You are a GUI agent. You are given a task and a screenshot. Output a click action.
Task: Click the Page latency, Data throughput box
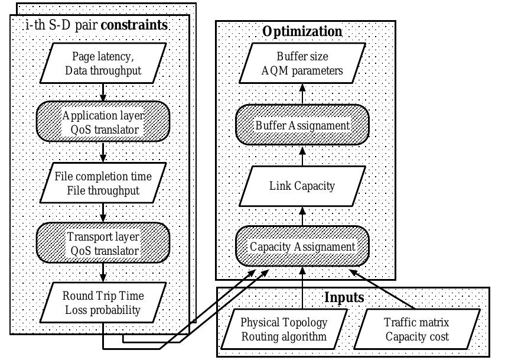point(103,65)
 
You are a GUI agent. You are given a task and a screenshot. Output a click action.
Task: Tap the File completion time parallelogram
point(103,183)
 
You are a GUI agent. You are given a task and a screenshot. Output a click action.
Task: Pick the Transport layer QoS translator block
point(103,242)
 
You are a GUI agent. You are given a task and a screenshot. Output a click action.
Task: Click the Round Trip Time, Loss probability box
point(103,301)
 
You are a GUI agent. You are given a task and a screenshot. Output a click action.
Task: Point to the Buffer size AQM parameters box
point(301,64)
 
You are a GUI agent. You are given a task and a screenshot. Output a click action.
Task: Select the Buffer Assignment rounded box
point(302,125)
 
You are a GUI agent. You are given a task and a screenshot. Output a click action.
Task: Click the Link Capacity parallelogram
point(302,186)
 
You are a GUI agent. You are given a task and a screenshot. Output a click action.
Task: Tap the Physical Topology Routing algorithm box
point(284,329)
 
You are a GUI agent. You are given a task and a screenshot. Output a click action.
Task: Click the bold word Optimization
point(302,31)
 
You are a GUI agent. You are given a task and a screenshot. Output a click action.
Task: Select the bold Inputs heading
point(344,297)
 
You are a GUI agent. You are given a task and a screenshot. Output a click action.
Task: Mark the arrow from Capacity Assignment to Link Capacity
point(302,217)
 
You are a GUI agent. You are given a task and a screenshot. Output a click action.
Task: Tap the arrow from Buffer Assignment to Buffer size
point(302,95)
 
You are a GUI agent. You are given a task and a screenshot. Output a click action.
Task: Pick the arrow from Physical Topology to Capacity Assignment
point(302,287)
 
